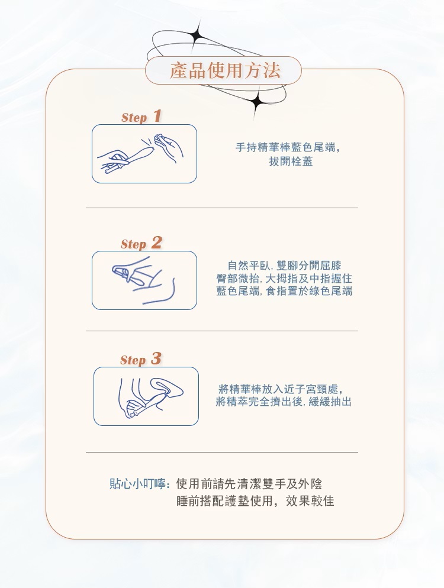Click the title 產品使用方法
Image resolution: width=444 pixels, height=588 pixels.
click(225, 70)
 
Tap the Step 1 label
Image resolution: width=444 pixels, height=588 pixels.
click(141, 117)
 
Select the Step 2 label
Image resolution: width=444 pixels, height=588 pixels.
click(141, 243)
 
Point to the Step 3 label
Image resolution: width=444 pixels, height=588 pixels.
click(141, 359)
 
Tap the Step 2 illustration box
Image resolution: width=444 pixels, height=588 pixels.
click(144, 280)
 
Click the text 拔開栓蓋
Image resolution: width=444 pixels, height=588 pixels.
click(291, 161)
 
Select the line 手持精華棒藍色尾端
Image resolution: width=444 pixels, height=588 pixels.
click(288, 147)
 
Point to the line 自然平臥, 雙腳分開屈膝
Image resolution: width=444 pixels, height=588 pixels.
click(285, 266)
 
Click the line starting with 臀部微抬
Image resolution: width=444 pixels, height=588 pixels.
click(285, 278)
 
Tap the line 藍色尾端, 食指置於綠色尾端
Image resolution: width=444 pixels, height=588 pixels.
click(285, 291)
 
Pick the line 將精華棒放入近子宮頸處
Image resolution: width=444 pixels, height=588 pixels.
click(281, 389)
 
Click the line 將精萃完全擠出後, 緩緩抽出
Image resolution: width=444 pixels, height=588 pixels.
click(284, 402)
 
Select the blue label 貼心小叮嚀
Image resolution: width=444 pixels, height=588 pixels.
click(138, 484)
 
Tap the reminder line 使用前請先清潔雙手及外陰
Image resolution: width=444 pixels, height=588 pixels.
click(249, 484)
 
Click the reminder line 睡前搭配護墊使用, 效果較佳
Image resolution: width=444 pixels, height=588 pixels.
click(255, 501)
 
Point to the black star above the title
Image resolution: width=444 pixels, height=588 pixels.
click(197, 36)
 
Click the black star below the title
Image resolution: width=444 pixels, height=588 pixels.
click(257, 101)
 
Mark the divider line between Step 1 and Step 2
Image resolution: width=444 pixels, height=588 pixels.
click(222, 208)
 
